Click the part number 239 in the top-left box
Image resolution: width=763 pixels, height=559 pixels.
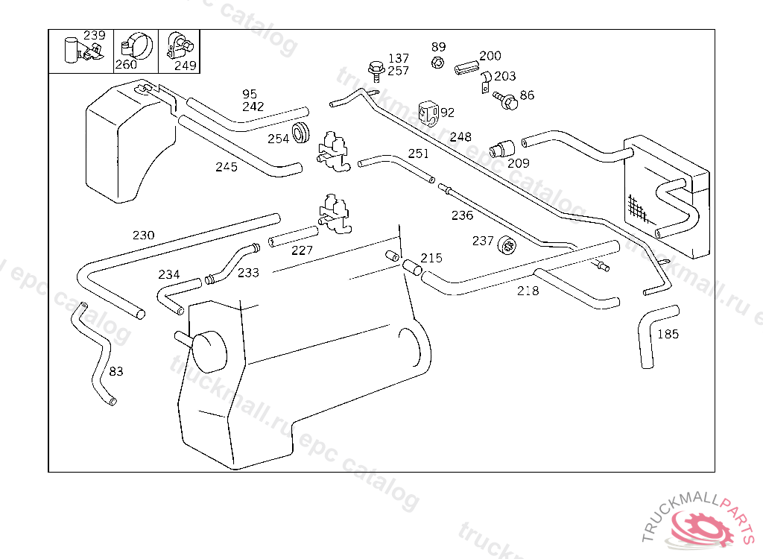pyautogui.click(x=94, y=35)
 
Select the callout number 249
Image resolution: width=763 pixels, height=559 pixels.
pyautogui.click(x=185, y=65)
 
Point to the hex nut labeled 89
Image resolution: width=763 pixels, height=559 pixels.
pyautogui.click(x=438, y=62)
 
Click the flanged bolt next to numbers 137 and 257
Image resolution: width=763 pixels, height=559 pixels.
pyautogui.click(x=376, y=72)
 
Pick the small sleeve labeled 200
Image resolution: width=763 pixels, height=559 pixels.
pyautogui.click(x=466, y=66)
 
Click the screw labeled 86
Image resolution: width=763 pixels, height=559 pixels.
pyautogui.click(x=509, y=101)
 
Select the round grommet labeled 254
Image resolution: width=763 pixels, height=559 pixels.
pyautogui.click(x=302, y=133)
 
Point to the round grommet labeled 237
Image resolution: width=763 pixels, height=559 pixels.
pyautogui.click(x=506, y=243)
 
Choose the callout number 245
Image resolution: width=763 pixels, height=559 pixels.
pyautogui.click(x=227, y=167)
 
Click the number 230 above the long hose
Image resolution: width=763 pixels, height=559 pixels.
pyautogui.click(x=143, y=236)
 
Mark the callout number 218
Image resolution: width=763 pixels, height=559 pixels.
pyautogui.click(x=528, y=291)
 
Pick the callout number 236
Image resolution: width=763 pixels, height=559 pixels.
pyautogui.click(x=462, y=215)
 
